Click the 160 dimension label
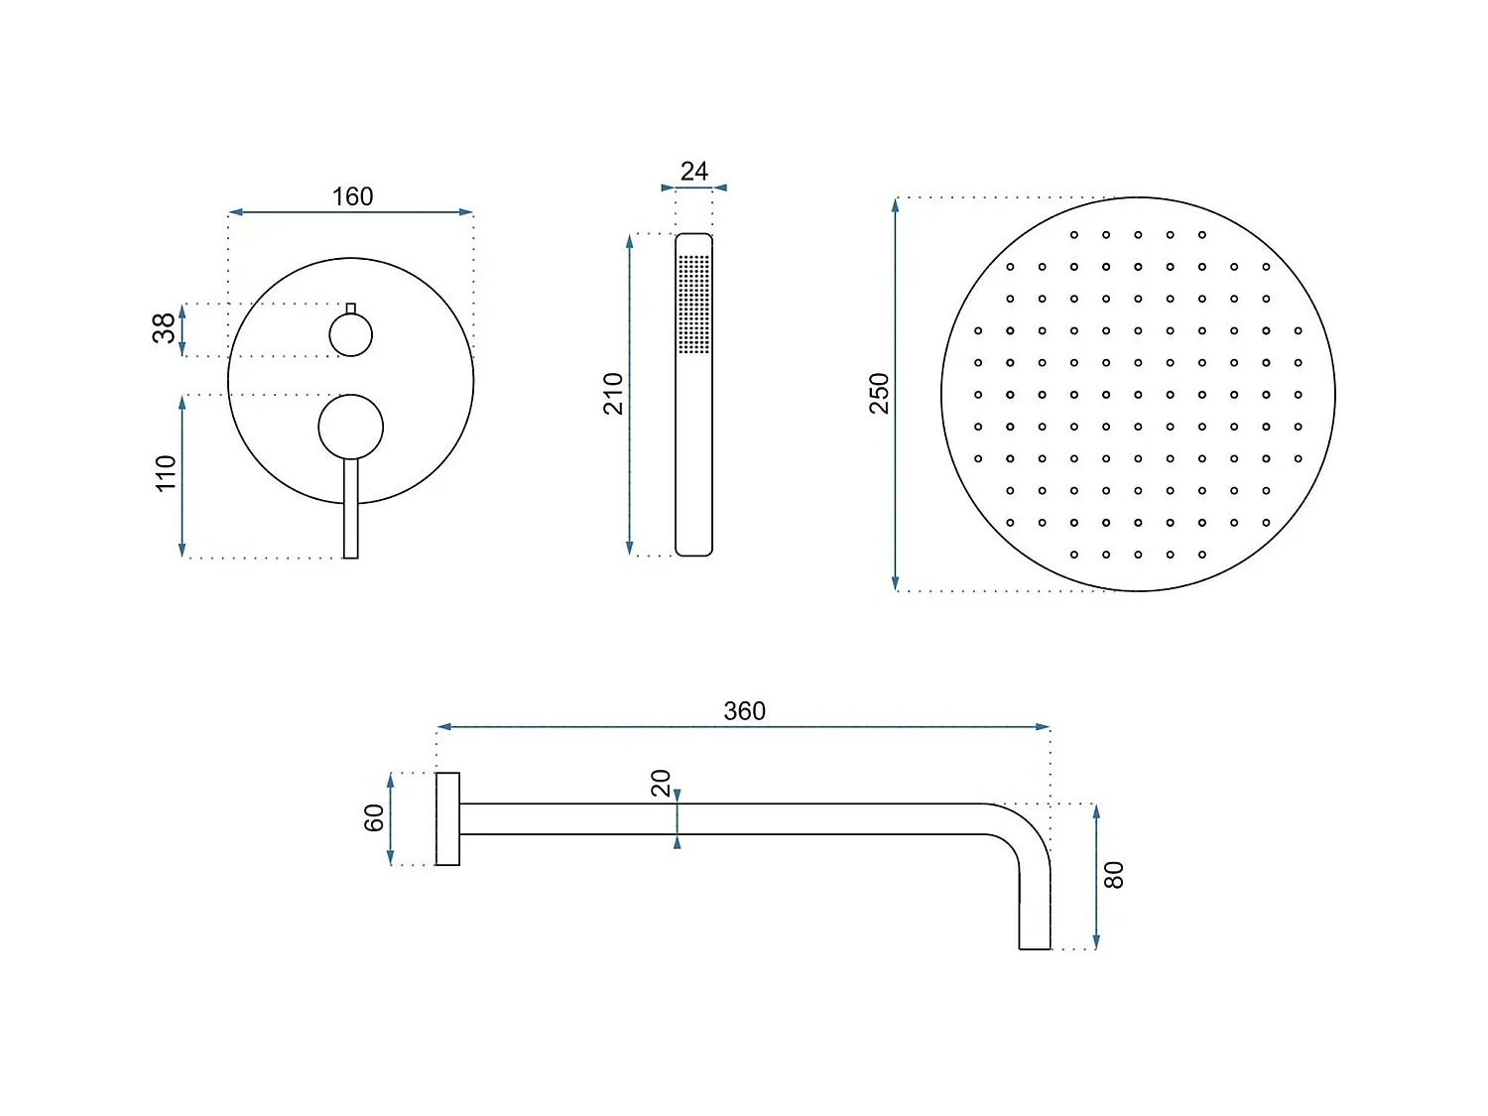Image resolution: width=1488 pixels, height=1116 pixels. [x=352, y=196]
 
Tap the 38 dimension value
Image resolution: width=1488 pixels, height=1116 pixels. [x=164, y=327]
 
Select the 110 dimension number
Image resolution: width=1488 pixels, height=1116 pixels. [x=166, y=473]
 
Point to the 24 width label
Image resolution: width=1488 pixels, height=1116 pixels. [x=694, y=172]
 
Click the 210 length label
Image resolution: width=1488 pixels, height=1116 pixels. [x=614, y=394]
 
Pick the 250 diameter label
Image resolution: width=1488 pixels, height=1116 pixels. [x=880, y=394]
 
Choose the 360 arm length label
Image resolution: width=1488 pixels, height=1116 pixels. [x=744, y=711]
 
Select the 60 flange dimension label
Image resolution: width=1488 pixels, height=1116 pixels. [x=374, y=818]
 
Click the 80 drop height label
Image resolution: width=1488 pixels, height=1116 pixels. [x=1114, y=875]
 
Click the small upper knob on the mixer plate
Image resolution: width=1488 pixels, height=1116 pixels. [x=350, y=334]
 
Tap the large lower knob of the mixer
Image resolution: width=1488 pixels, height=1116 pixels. [x=350, y=427]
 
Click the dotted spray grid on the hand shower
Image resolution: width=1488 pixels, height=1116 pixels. [x=693, y=304]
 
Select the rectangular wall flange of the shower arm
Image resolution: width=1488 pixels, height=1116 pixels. [x=447, y=818]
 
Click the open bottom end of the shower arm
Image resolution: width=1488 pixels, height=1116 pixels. [x=1035, y=946]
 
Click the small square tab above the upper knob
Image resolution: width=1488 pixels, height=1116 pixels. [x=350, y=309]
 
